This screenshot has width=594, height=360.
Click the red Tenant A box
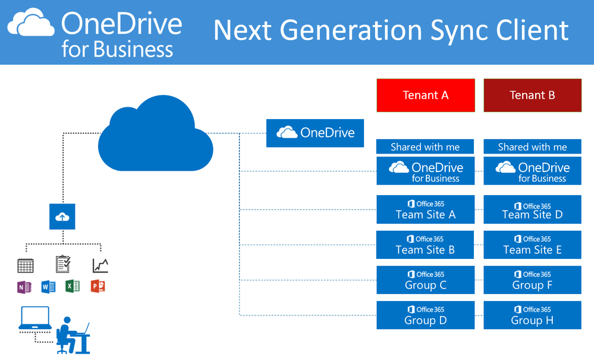pos(426,95)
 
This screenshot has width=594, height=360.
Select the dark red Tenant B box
pos(532,95)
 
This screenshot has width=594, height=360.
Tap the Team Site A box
pos(426,209)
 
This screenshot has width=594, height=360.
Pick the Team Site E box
pos(532,245)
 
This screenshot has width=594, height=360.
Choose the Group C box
pos(426,280)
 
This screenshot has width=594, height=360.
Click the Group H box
pos(532,315)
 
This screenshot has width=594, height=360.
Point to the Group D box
pos(426,315)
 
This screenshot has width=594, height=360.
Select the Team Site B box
pos(426,245)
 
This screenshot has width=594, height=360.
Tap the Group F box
pos(532,280)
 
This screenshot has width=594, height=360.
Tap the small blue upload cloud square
pos(62,217)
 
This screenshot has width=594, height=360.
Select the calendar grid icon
pos(26,265)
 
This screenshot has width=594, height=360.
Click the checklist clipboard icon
pos(62,264)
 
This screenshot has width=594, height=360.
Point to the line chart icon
pos(100,265)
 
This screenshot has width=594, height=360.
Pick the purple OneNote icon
pos(24,287)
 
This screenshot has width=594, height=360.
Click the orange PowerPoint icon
pos(98,287)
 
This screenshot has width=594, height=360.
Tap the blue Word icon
pos(48,287)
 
